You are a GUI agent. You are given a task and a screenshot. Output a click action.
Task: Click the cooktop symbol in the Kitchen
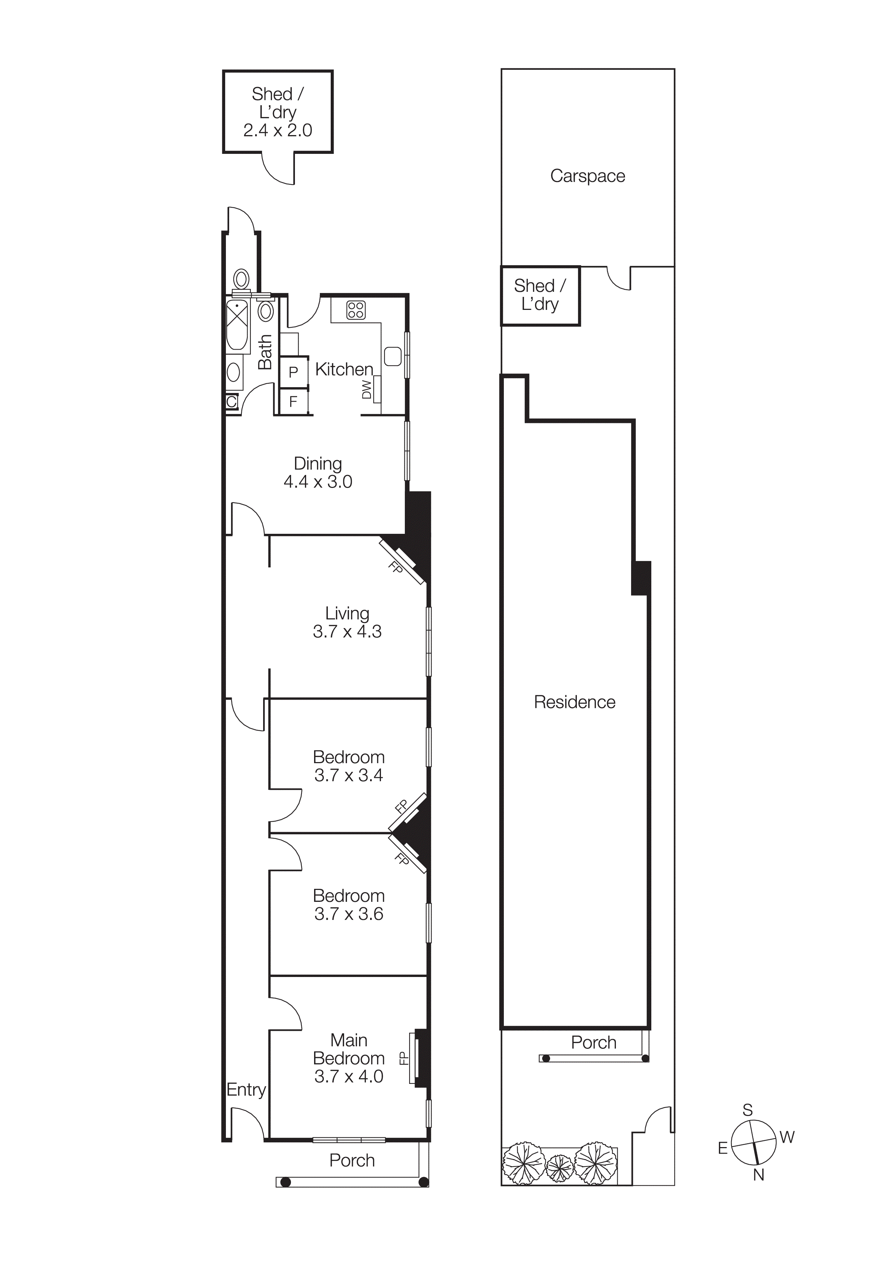tap(356, 310)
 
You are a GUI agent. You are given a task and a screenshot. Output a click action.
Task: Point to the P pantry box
tap(293, 372)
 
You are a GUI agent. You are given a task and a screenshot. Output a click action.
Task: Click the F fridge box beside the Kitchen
tap(293, 402)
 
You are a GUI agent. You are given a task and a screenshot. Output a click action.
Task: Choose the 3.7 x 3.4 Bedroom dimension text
tap(348, 775)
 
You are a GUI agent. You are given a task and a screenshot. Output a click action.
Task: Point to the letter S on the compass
tap(747, 1110)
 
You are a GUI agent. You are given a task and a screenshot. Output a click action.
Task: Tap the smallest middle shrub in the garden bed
tap(560, 1166)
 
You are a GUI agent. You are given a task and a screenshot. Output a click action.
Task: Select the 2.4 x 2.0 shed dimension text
tap(278, 130)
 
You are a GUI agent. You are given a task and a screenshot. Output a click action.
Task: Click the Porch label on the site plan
tap(593, 1042)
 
